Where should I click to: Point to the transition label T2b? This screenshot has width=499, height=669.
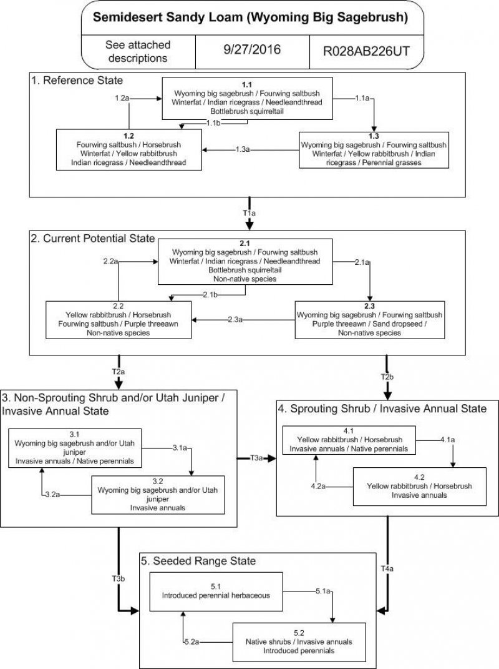387,377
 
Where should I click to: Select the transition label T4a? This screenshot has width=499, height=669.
387,569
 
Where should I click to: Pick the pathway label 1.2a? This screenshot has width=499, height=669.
123,99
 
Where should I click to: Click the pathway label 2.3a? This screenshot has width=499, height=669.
235,320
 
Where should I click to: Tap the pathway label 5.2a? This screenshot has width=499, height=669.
192,642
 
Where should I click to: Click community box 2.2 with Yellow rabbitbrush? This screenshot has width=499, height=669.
118,319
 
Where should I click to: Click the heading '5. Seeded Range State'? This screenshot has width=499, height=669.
198,561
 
